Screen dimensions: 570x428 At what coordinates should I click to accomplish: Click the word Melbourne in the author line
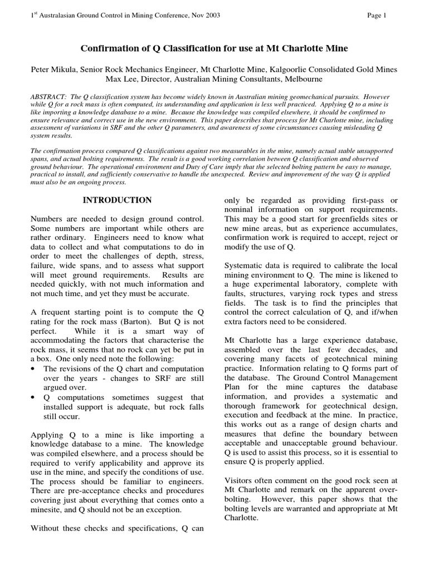(x=301, y=79)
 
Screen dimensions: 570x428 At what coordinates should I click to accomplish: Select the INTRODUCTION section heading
(x=117, y=200)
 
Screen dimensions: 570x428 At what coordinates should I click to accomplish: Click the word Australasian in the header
(x=61, y=15)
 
